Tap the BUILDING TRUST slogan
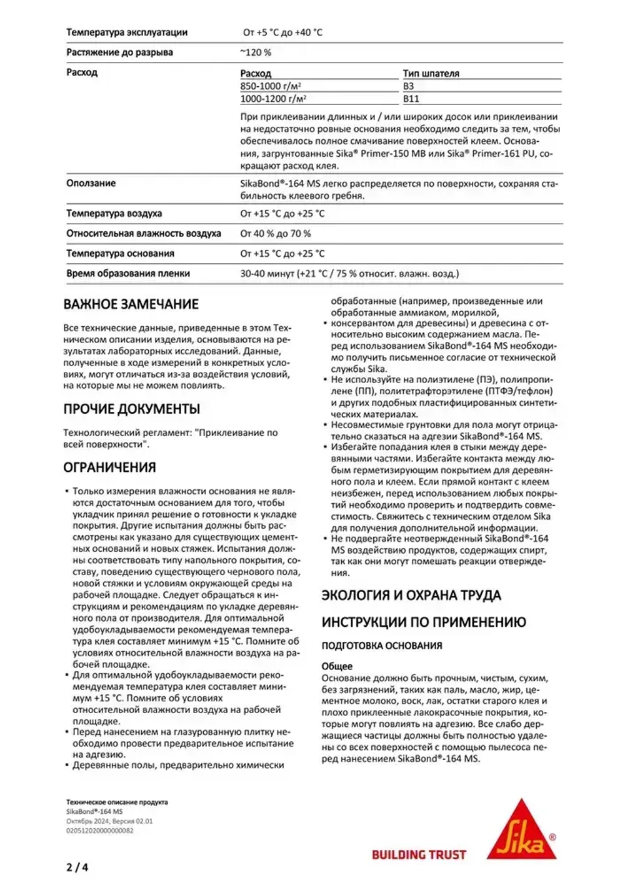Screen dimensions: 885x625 (x=419, y=854)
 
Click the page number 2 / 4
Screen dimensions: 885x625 (x=77, y=867)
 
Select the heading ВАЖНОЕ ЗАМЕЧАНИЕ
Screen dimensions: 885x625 (x=131, y=304)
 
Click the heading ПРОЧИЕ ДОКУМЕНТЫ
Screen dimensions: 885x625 (x=131, y=409)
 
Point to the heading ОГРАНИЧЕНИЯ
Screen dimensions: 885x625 (x=109, y=467)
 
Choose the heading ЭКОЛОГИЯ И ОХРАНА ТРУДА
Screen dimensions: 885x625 (x=411, y=595)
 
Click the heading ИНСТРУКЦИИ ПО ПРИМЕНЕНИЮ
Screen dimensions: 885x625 (x=424, y=622)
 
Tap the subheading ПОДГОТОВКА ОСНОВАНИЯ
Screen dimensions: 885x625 (x=381, y=646)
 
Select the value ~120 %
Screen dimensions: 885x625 (x=256, y=52)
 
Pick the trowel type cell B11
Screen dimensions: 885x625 (x=411, y=99)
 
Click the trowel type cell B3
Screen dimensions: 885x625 (x=408, y=86)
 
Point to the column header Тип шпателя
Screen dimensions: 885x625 (x=431, y=73)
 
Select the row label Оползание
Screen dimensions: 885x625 (x=91, y=183)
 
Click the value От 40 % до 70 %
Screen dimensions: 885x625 (x=275, y=233)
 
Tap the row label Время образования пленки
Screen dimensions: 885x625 (x=128, y=273)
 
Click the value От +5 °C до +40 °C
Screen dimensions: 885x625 (x=282, y=32)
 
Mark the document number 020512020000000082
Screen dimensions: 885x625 (x=99, y=831)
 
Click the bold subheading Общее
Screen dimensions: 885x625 (x=337, y=666)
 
